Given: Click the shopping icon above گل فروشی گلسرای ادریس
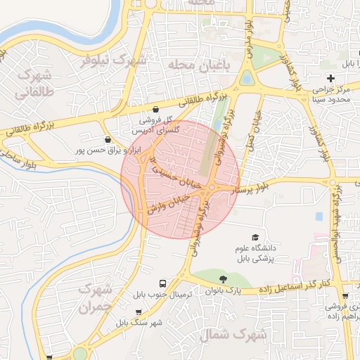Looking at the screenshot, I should coord(155,110).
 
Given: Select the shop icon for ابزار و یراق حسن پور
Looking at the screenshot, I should coord(107,139).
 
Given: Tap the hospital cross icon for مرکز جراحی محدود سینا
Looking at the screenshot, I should coord(330,77).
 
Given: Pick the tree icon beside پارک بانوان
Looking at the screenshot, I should coord(223,280).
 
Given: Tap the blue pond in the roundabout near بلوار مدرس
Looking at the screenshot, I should coord(246,79).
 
